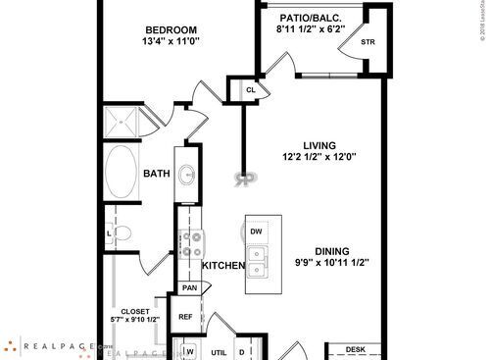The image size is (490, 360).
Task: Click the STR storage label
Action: (367, 43)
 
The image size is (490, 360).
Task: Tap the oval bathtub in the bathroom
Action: (123, 169)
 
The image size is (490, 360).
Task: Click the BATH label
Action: (157, 174)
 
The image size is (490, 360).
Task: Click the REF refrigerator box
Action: (185, 317)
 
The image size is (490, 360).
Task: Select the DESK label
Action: (356, 349)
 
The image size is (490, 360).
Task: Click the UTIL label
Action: (218, 351)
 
